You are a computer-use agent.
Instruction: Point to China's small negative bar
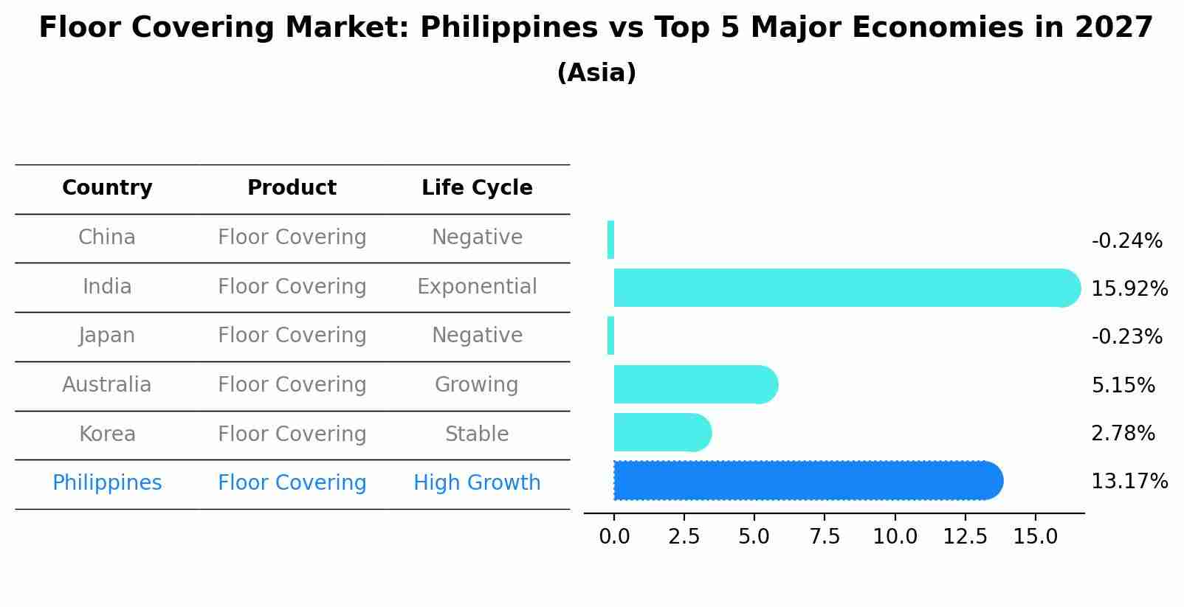(610, 240)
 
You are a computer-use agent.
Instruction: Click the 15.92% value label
(1129, 289)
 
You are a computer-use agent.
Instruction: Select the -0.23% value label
(1126, 337)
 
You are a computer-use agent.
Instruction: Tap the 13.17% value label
(1129, 482)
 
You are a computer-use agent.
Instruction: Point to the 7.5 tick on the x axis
(825, 537)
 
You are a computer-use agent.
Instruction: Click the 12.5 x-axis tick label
(965, 537)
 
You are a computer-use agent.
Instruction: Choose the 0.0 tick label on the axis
(614, 537)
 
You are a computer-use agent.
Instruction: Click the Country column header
(107, 188)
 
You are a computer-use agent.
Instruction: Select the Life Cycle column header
(477, 188)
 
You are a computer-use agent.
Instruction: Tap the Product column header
(292, 188)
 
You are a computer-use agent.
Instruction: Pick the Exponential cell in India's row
(477, 287)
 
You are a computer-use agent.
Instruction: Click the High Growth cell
(477, 483)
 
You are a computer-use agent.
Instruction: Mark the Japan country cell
(107, 336)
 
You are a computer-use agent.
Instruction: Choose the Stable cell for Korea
(477, 434)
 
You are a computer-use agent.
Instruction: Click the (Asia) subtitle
(596, 73)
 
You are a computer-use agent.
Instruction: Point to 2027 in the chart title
(1114, 28)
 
